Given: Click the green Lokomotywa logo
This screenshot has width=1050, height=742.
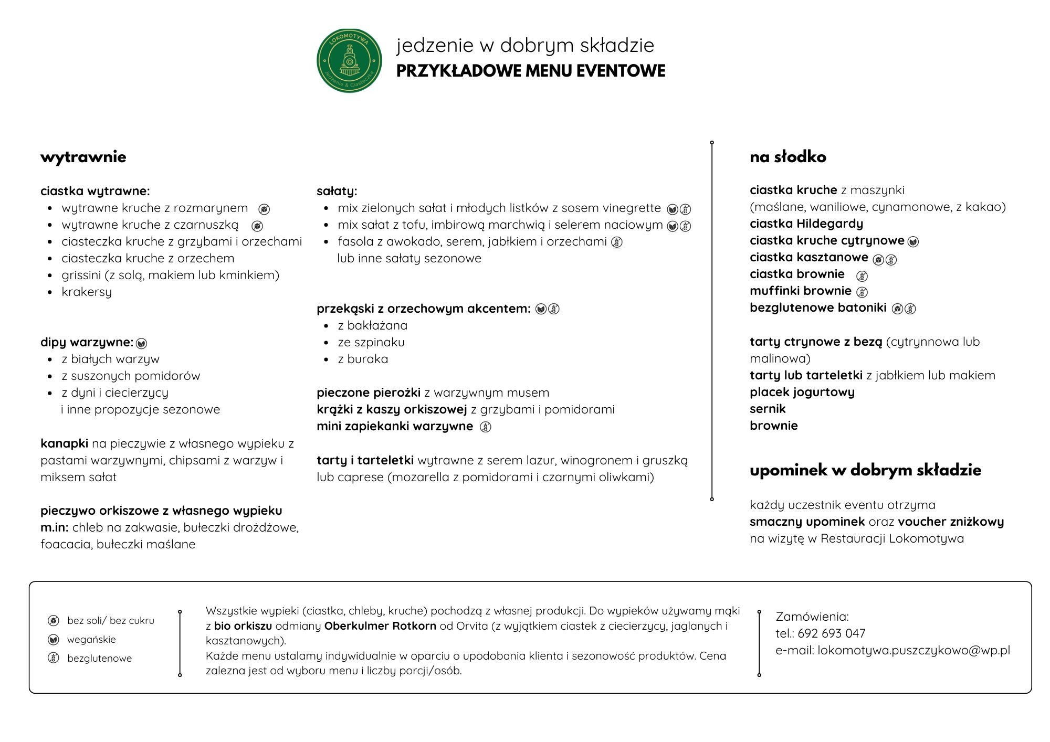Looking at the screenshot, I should pyautogui.click(x=349, y=61).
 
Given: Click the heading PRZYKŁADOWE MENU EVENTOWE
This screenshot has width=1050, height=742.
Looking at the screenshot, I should pyautogui.click(x=530, y=71).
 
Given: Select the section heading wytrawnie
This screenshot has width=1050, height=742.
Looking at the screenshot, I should pyautogui.click(x=83, y=157).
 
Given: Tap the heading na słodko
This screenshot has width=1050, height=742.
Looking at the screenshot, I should pyautogui.click(x=787, y=157).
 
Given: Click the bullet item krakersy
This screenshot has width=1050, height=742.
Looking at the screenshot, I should pyautogui.click(x=87, y=292).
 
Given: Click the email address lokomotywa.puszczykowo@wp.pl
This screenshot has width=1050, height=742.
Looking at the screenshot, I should pyautogui.click(x=913, y=650).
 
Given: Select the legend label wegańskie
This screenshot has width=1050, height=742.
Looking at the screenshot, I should pyautogui.click(x=91, y=639).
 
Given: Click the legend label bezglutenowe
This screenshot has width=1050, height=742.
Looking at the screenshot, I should pyautogui.click(x=99, y=658).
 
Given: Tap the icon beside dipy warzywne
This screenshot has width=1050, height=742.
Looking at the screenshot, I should pyautogui.click(x=141, y=344).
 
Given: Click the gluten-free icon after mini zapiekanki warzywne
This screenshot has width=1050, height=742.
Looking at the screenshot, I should pyautogui.click(x=486, y=427).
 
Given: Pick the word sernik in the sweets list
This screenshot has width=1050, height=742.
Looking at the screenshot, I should pyautogui.click(x=768, y=409).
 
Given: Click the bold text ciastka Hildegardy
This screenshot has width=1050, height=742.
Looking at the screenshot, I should pyautogui.click(x=806, y=224).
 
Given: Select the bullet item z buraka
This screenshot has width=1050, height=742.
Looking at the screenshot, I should pyautogui.click(x=363, y=359).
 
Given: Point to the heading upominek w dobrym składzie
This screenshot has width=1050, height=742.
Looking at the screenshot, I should pyautogui.click(x=865, y=470).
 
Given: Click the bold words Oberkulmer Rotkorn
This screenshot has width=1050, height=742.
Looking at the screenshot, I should pyautogui.click(x=380, y=626).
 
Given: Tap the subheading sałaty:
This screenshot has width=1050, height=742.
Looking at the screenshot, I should pyautogui.click(x=337, y=191).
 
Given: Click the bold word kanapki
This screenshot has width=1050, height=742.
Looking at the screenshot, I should pyautogui.click(x=64, y=443).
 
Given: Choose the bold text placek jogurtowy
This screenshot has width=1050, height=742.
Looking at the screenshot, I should pyautogui.click(x=802, y=392).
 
